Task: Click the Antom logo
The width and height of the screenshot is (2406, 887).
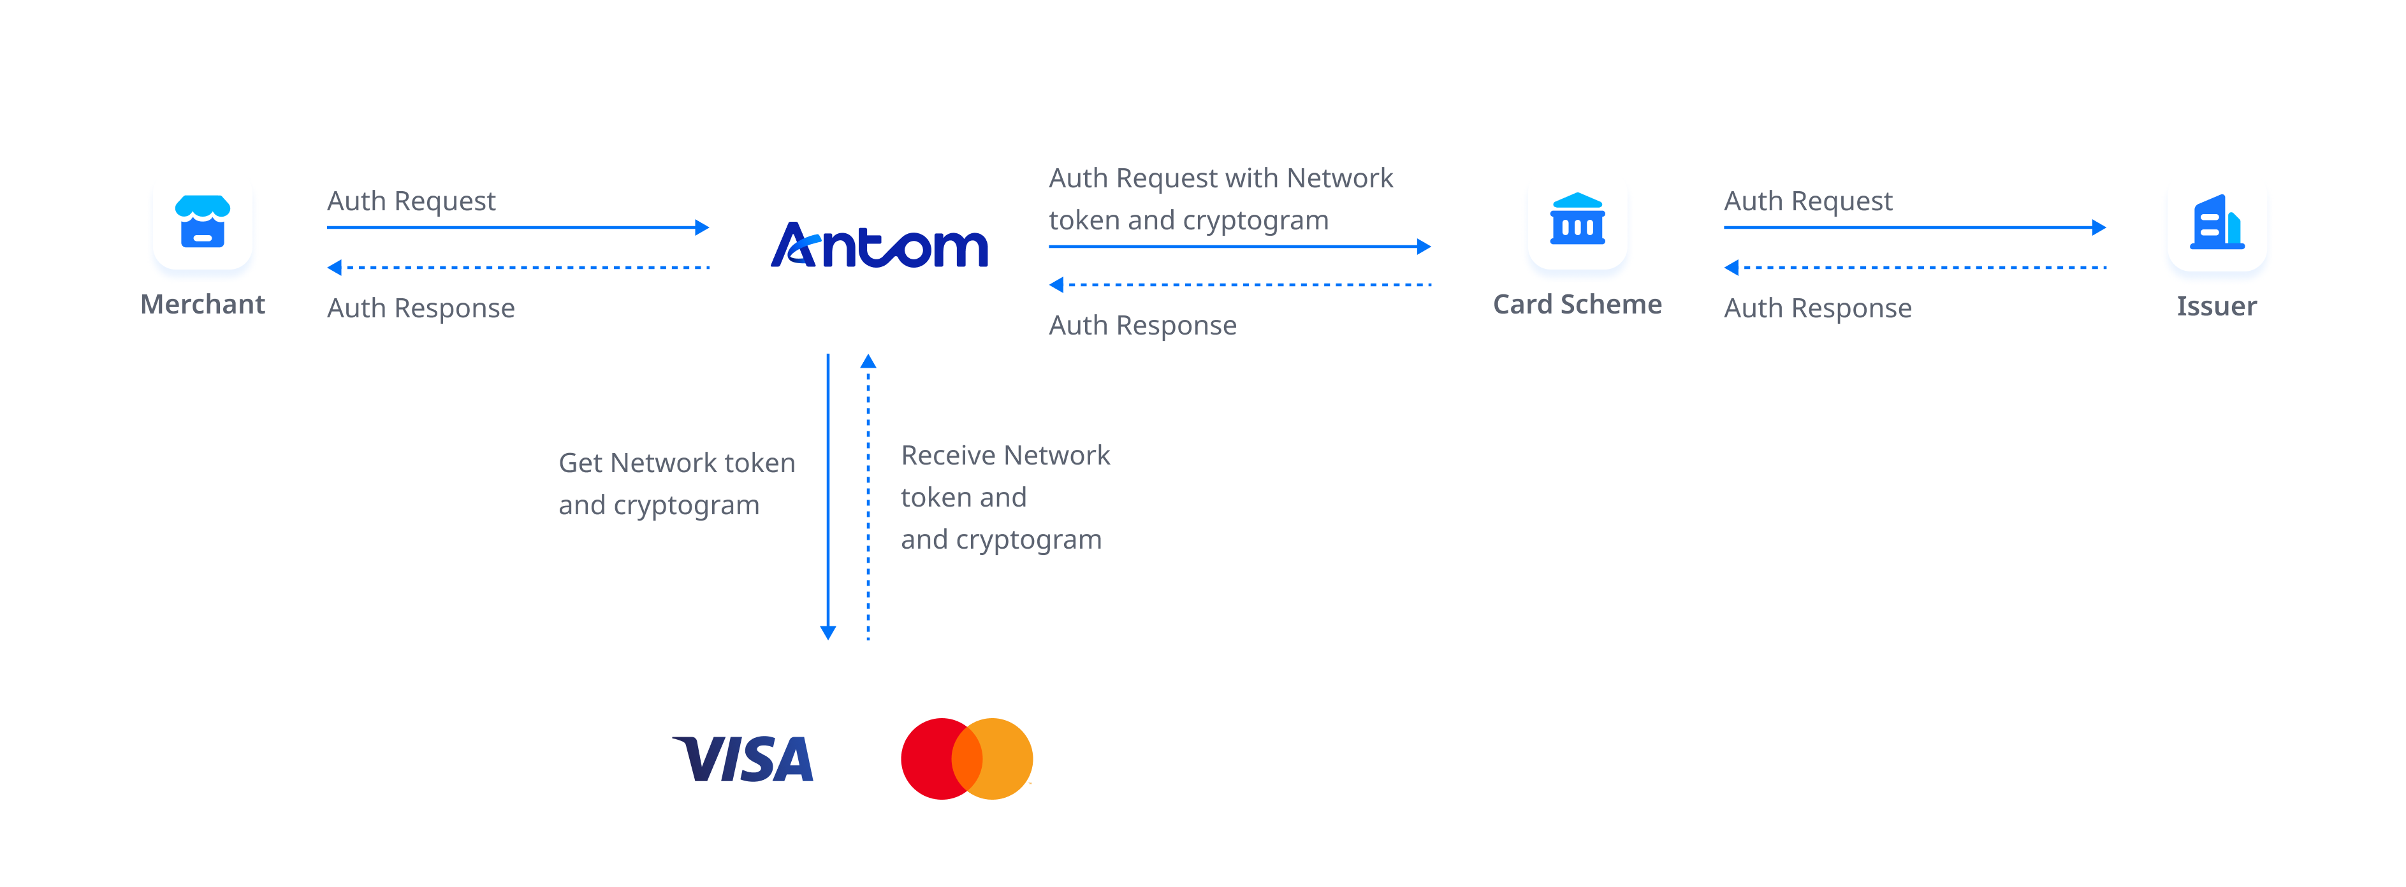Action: pos(879,245)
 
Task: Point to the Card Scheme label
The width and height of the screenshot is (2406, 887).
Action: pos(1577,305)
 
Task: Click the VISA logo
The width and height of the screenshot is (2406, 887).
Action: pos(743,758)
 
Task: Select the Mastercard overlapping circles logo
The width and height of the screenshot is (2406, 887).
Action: pos(966,758)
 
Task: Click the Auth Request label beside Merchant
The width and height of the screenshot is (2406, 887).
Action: pos(411,201)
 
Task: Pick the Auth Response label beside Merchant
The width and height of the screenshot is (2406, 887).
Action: pos(420,308)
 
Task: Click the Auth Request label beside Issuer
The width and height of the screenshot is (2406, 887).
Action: pos(1807,201)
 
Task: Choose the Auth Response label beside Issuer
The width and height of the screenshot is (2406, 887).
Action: pos(1817,308)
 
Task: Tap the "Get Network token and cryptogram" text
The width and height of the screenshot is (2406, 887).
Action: pos(676,484)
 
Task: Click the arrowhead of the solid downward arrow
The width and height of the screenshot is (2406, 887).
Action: pos(828,632)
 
